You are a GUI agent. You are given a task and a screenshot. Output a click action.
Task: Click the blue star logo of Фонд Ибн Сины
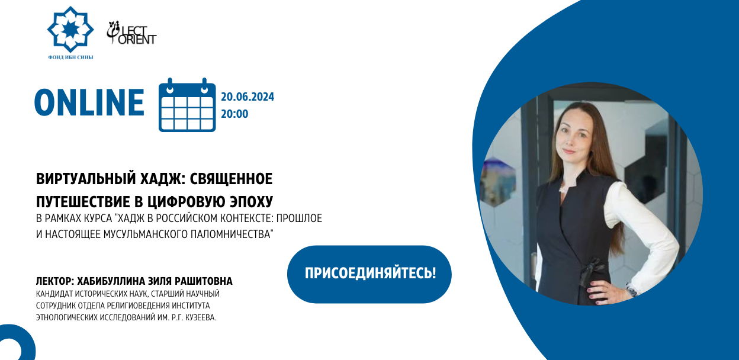[70, 30]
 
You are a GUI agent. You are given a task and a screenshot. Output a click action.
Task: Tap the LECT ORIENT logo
[131, 33]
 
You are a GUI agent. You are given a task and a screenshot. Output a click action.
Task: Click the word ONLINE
[89, 102]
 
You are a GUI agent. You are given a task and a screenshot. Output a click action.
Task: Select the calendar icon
[187, 105]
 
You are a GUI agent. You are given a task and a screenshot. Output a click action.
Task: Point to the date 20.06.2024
[248, 97]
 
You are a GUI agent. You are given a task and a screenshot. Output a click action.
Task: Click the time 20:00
[234, 114]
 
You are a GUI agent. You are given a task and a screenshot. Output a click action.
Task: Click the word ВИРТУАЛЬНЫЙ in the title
[86, 179]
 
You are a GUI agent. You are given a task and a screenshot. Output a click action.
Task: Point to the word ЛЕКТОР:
[54, 281]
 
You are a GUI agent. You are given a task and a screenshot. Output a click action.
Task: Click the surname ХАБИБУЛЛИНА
[111, 281]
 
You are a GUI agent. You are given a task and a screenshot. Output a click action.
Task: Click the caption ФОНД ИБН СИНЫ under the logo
[70, 57]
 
